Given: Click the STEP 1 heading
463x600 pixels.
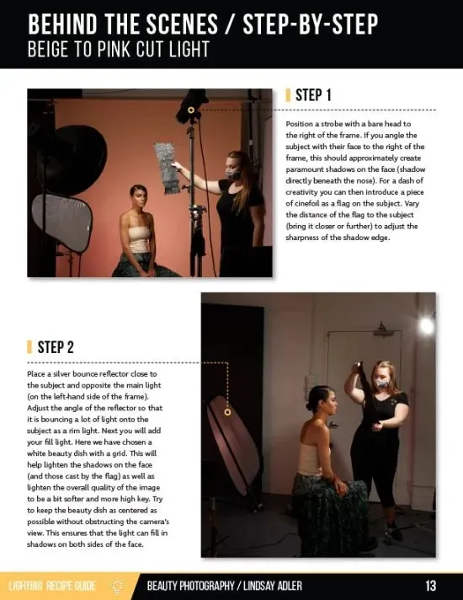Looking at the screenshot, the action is point(313,95).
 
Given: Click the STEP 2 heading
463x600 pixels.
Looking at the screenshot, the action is point(56,347).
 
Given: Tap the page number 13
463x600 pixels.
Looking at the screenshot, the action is point(430,586).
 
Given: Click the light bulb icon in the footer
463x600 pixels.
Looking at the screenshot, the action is point(117,586).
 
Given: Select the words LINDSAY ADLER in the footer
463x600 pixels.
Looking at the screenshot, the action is point(273,586).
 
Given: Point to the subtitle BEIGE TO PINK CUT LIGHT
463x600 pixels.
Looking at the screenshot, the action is point(119,50).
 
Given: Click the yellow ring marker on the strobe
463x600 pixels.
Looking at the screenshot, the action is point(191,110).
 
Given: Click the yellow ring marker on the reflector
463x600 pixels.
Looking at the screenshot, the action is point(227,412).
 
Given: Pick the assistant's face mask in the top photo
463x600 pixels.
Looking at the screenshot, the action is point(232,173).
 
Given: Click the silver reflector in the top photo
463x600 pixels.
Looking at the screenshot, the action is point(62,222).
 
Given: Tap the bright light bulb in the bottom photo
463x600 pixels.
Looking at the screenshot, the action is point(426,325).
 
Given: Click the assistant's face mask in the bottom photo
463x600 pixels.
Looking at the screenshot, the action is point(381,383).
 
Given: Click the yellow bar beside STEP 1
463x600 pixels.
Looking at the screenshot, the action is point(288,95).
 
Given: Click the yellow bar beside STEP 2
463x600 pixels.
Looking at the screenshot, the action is point(29,347).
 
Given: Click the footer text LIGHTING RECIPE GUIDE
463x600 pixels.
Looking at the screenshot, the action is point(52,586).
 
